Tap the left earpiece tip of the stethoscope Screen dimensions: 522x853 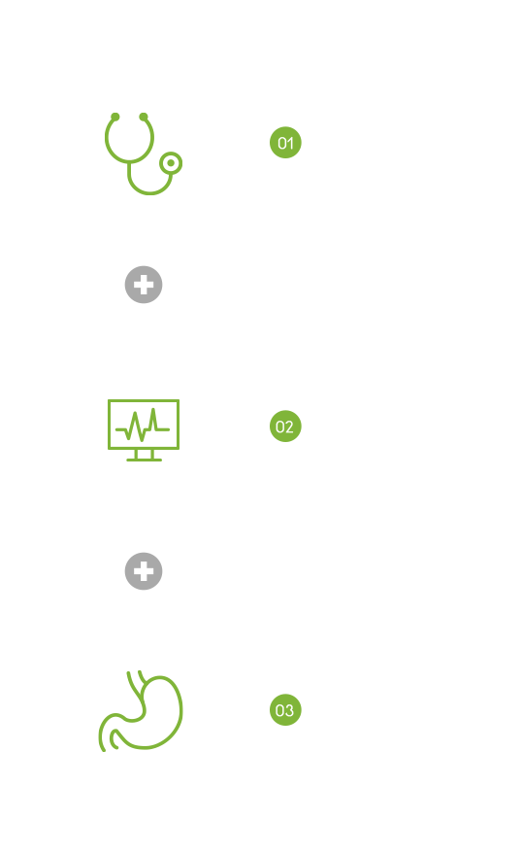click(x=115, y=117)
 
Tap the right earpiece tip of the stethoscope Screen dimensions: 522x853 click(x=144, y=117)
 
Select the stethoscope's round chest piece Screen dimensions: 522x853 click(x=171, y=162)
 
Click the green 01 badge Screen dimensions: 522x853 click(x=285, y=143)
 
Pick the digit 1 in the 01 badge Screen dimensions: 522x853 click(x=291, y=143)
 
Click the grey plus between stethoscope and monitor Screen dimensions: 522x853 click(x=144, y=285)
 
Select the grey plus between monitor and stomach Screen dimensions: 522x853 click(x=144, y=571)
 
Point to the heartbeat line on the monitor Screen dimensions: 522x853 click(x=143, y=426)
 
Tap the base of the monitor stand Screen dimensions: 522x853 click(x=144, y=460)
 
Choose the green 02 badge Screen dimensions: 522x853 click(x=285, y=426)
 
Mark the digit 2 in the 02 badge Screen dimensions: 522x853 click(x=290, y=426)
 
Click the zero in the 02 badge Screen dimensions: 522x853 click(x=280, y=426)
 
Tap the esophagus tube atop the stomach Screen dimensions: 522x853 click(x=135, y=684)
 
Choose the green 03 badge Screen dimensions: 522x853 click(x=285, y=710)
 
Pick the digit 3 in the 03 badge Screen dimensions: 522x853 click(x=290, y=710)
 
